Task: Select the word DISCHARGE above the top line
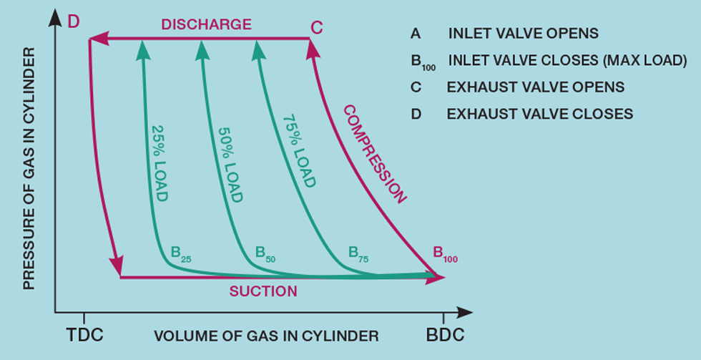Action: point(206,24)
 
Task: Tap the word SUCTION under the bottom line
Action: point(263,291)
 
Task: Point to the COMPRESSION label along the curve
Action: point(374,153)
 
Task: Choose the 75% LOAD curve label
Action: point(299,151)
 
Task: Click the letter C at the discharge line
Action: point(317,27)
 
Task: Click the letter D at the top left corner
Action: point(73,22)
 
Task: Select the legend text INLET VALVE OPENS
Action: point(523,34)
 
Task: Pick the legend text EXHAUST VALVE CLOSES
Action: point(540,114)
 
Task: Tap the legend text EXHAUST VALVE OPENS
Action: point(536,87)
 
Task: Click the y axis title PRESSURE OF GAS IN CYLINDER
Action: point(29,169)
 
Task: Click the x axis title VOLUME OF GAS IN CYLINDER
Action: point(266,336)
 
